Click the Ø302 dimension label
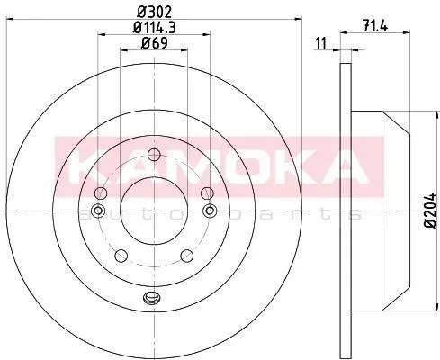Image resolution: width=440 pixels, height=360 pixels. coord(154,13)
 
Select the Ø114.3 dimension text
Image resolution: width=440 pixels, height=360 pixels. coord(154,28)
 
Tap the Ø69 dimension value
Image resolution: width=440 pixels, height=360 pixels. coord(154,43)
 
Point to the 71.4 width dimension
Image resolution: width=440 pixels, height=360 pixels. coord(375,26)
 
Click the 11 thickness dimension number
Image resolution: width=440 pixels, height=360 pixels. coord(321,44)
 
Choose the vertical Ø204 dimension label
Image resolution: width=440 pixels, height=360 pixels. coord(431,211)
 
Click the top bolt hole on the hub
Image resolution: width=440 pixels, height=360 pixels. coord(154,155)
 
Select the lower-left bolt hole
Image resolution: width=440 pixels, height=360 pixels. coord(121,256)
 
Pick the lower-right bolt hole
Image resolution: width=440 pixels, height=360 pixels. coord(187,256)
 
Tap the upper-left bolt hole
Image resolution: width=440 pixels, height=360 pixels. coord(101,193)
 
